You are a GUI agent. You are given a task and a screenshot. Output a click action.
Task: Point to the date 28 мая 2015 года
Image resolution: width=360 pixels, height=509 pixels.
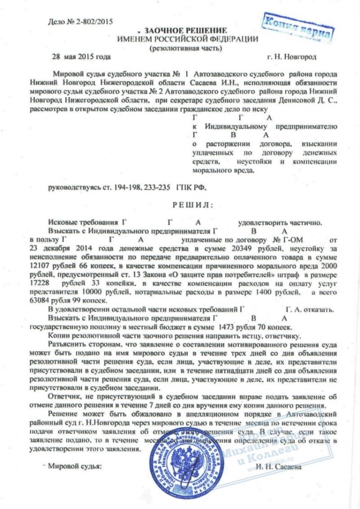coord(81,57)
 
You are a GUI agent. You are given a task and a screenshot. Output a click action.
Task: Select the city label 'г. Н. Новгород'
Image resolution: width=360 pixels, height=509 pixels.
coord(292,57)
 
